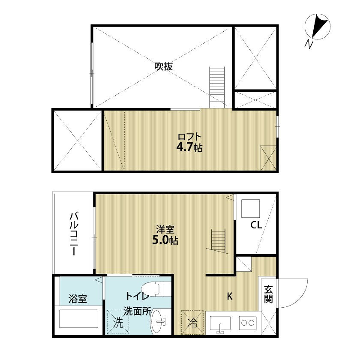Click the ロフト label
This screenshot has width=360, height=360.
coord(189,137)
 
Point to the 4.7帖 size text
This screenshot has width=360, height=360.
coord(189,148)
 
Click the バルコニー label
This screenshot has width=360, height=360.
coord(73,233)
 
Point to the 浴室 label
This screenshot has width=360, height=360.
coord(78,298)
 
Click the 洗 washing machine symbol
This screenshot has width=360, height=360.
coord(118,321)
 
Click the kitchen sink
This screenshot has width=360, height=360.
coord(220,324)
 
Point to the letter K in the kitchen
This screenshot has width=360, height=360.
coord(230,296)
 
